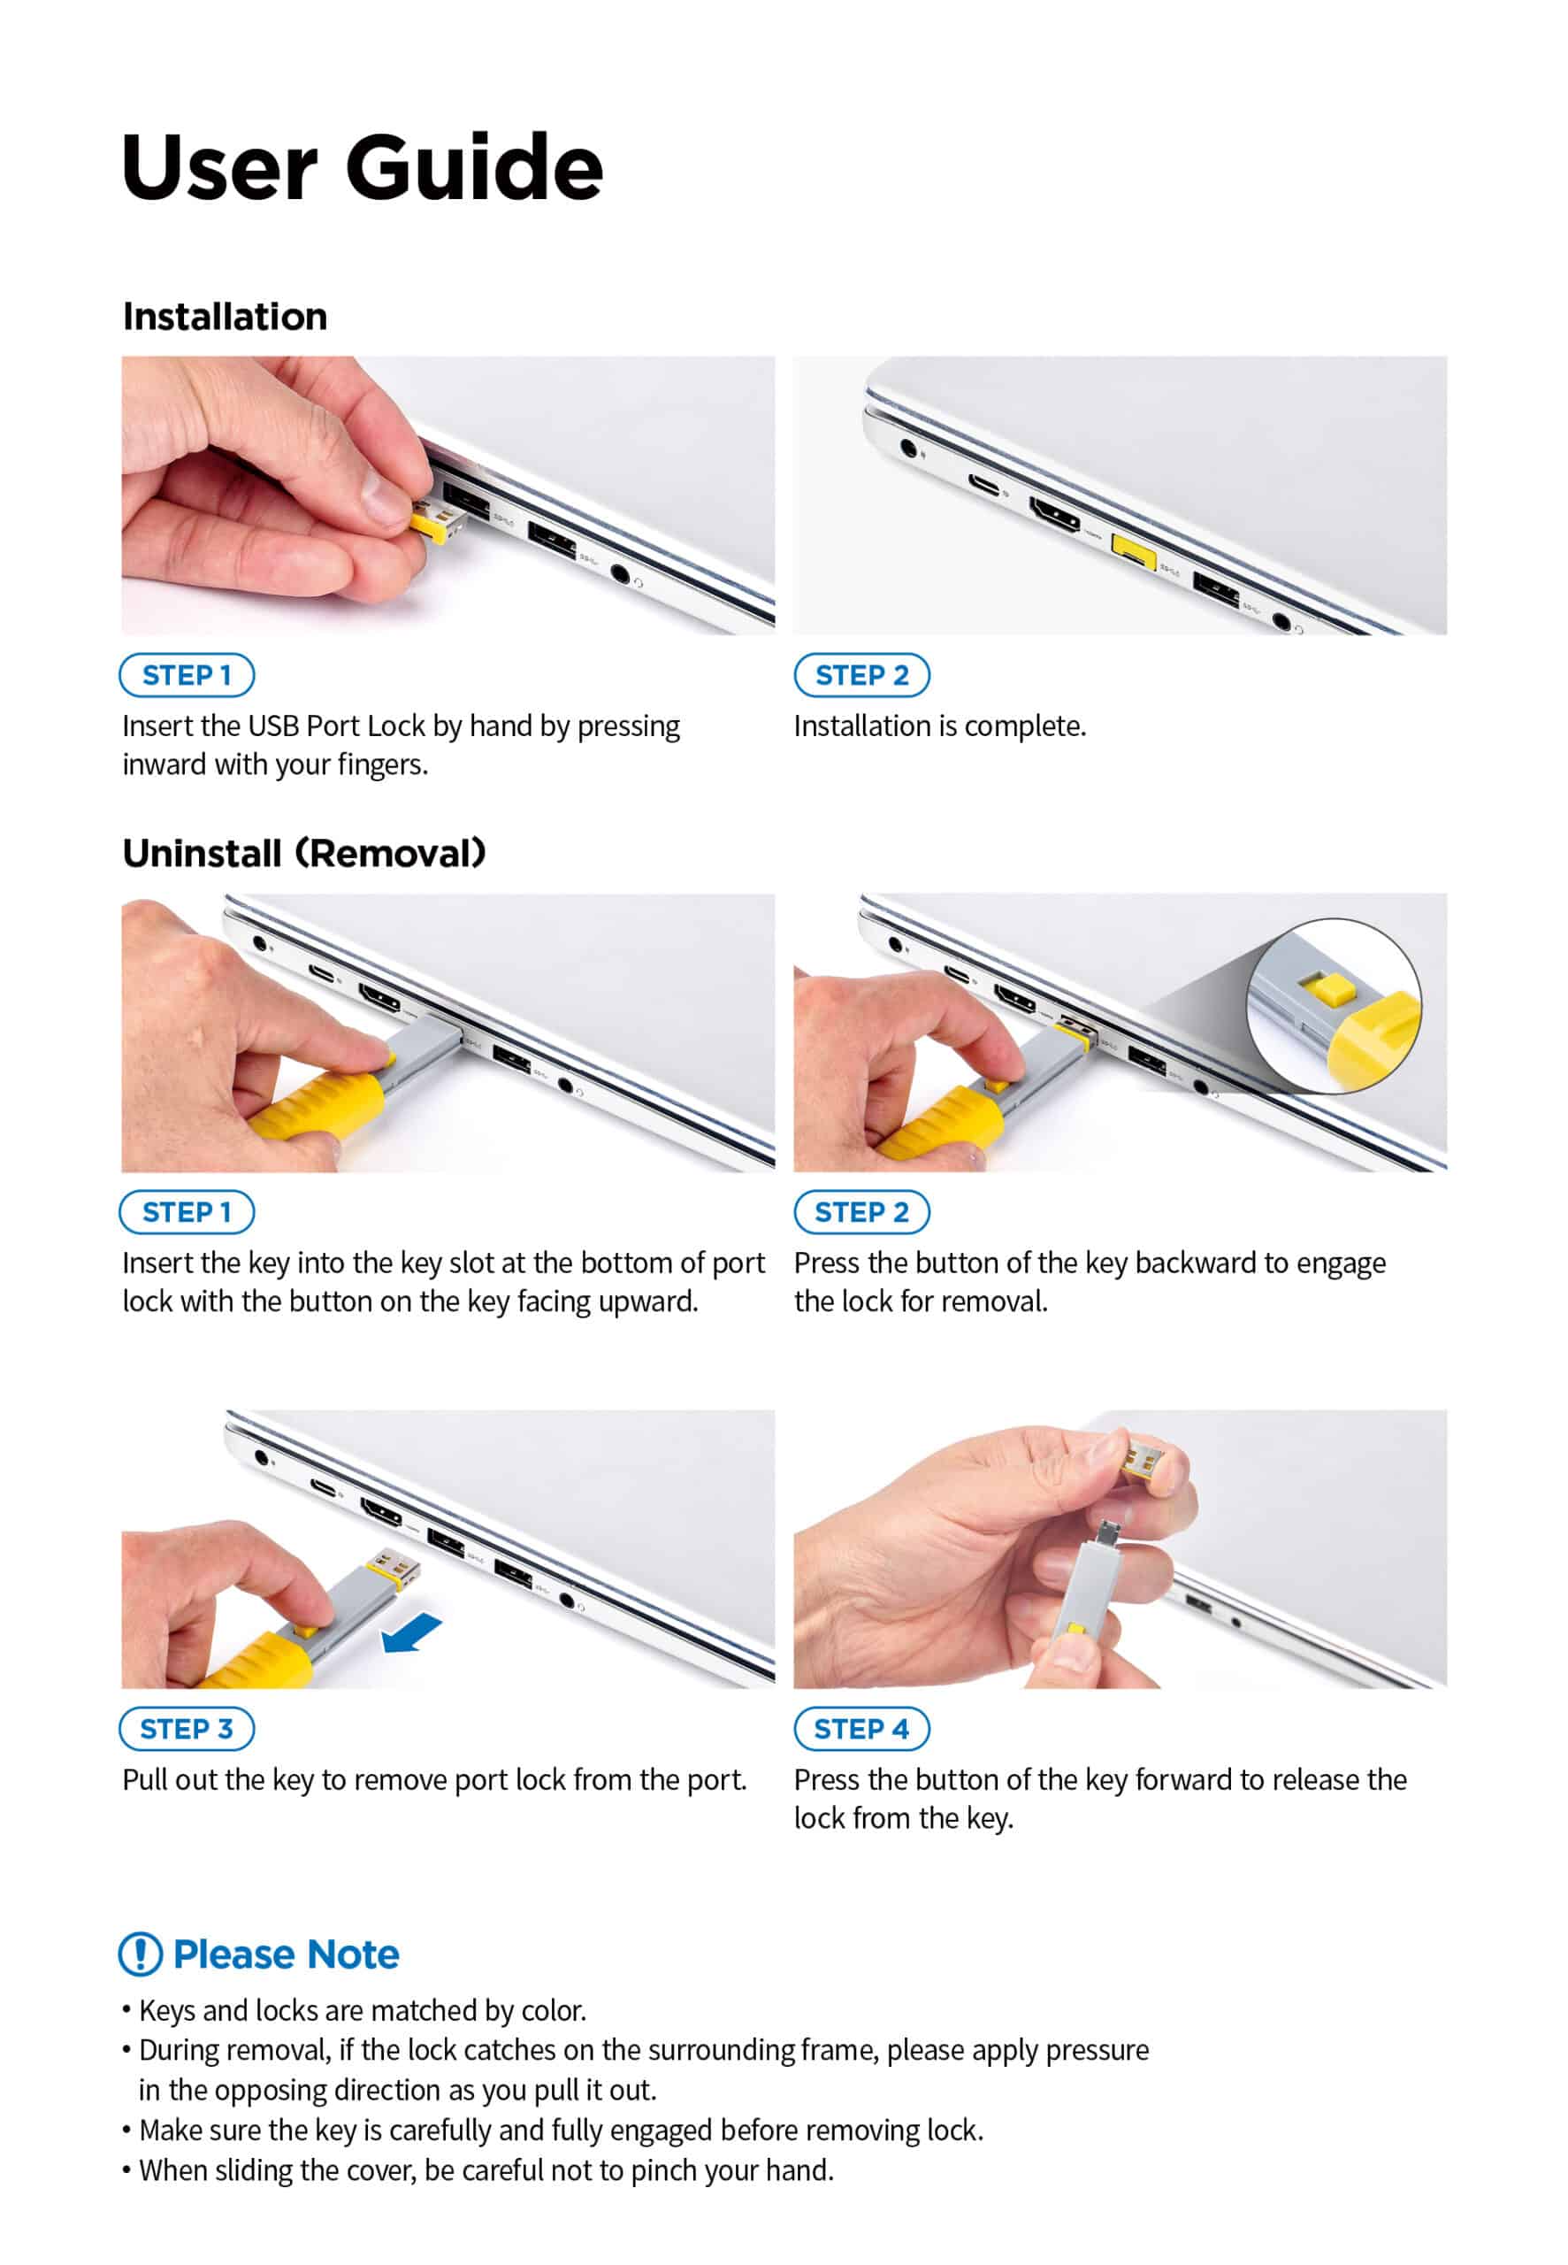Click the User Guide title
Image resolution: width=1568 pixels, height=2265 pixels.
362,168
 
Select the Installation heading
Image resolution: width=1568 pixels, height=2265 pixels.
225,317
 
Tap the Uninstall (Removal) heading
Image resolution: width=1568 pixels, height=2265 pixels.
303,853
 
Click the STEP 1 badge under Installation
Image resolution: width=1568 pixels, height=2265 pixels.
187,675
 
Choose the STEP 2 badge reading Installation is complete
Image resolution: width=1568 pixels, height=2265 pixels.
861,675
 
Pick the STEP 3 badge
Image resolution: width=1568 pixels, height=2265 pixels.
187,1729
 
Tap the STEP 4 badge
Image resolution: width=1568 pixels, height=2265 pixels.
861,1729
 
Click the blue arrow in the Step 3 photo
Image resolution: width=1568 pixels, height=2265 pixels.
411,1633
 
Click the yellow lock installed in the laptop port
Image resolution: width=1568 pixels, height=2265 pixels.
1133,549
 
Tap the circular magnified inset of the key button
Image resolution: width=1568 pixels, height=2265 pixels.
1335,1005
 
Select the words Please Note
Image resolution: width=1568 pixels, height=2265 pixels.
286,1954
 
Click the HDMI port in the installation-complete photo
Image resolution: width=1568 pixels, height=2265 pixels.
1054,513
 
